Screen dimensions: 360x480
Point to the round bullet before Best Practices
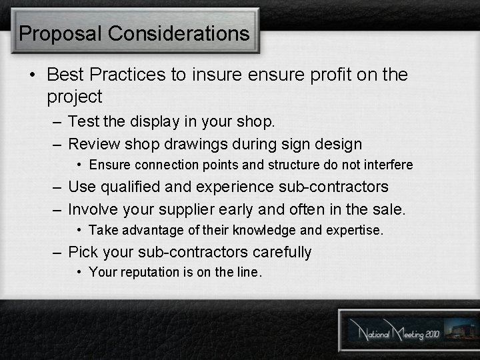[x=31, y=75]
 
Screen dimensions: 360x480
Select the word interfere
[x=388, y=164]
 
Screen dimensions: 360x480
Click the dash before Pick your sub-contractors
[x=57, y=252]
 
